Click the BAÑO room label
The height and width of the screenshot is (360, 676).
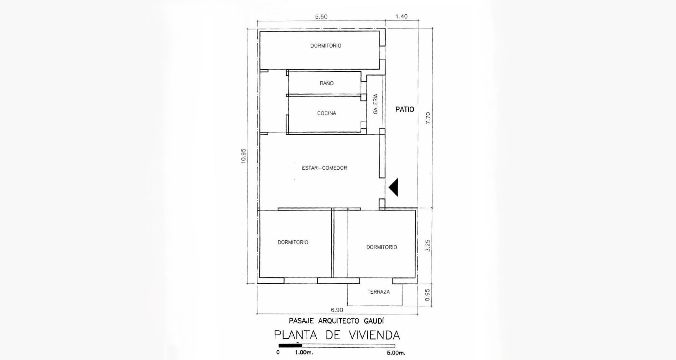(326, 83)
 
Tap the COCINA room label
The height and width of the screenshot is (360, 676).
(326, 113)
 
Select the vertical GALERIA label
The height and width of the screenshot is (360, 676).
(376, 104)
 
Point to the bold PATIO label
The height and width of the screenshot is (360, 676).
(404, 109)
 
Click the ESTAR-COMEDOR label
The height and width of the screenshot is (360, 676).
(325, 168)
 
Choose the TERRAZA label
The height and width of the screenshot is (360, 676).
(378, 292)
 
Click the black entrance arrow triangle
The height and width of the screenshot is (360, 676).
(393, 187)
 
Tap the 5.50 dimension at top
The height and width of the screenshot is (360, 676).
(321, 17)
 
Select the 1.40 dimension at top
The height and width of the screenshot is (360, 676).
(401, 16)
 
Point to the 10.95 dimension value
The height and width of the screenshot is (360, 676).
(244, 156)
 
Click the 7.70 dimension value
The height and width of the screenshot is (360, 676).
(428, 118)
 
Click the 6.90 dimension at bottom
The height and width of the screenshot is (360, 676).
(337, 310)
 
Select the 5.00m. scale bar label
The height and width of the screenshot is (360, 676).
(396, 353)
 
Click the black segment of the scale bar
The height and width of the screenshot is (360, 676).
(290, 346)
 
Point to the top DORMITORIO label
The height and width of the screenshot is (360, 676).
(326, 46)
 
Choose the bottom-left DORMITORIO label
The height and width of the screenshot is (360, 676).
(293, 242)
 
